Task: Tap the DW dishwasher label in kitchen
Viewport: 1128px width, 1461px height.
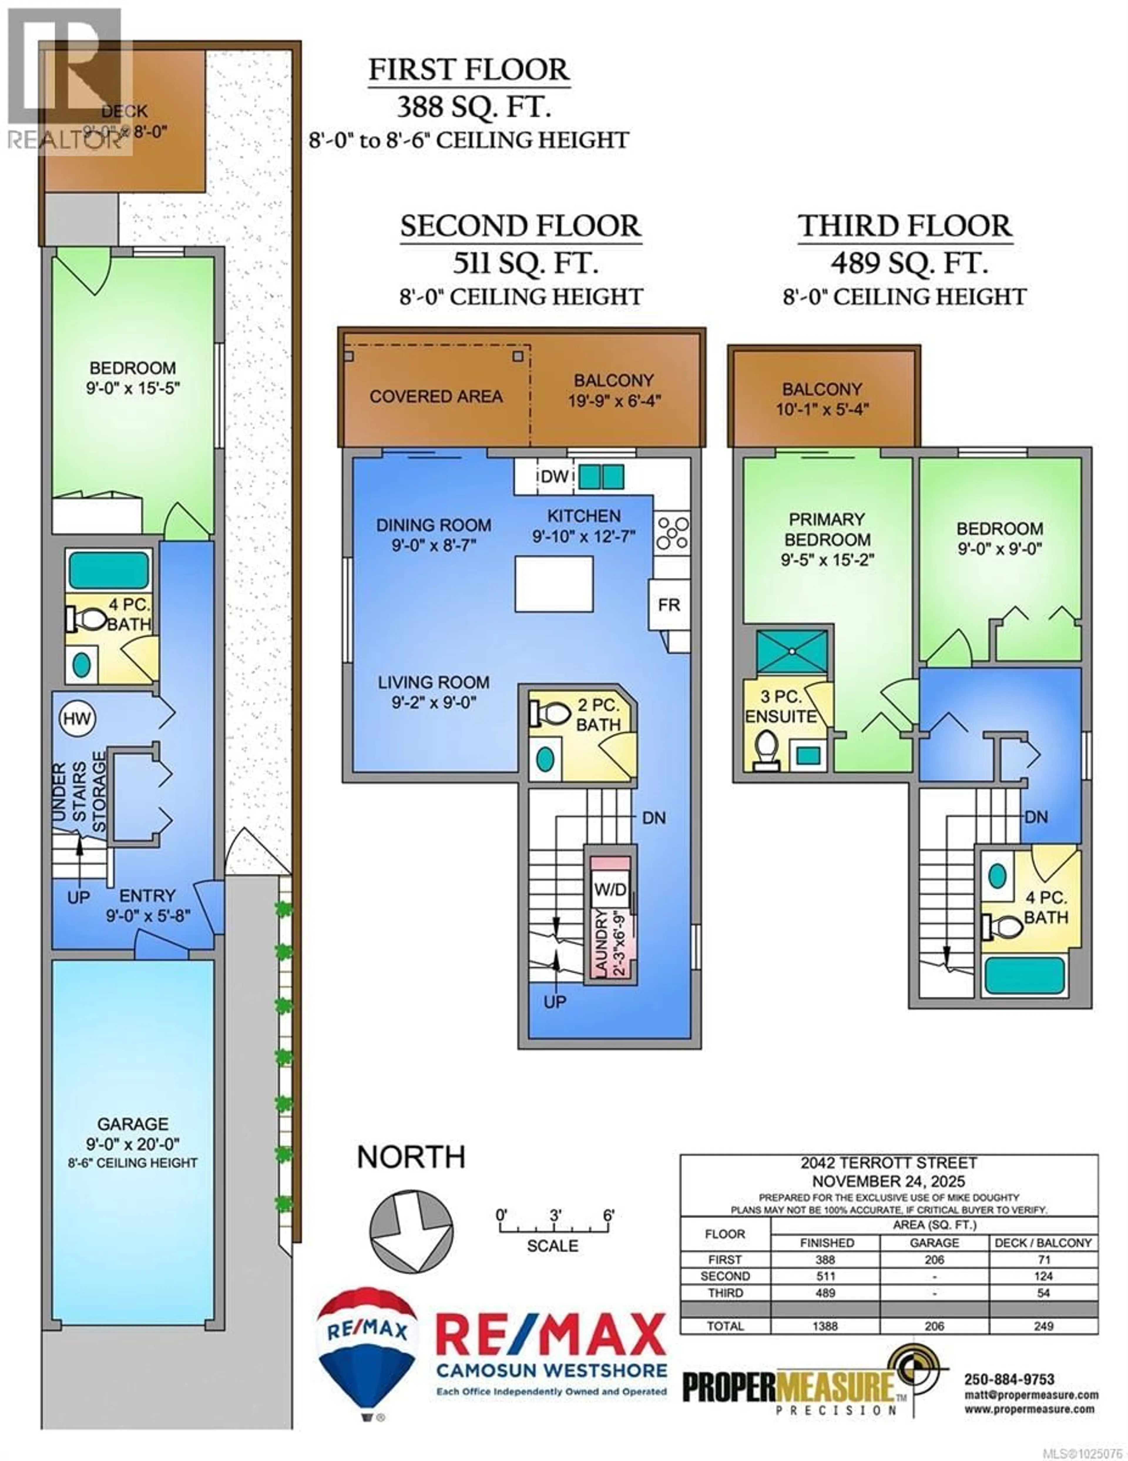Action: click(554, 477)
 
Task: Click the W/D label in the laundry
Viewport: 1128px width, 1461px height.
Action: click(610, 890)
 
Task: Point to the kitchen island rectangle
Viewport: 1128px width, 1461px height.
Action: click(554, 584)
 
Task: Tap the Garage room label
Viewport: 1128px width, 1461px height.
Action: click(132, 1124)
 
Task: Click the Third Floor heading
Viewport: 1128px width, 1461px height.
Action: click(905, 226)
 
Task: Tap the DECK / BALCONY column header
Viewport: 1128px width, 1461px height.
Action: click(1043, 1243)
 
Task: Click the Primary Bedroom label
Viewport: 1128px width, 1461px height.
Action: click(827, 529)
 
